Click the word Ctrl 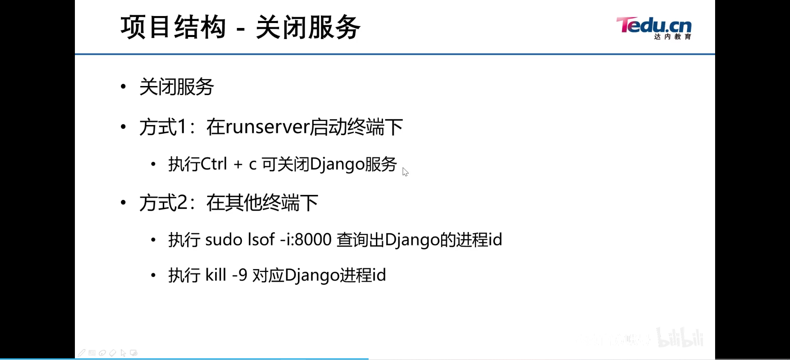point(214,164)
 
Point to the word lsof point(261,239)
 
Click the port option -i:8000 point(305,239)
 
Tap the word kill point(216,275)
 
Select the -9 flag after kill point(239,275)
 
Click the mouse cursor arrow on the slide point(405,172)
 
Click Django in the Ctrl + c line point(337,164)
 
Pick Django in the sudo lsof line point(412,239)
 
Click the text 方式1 point(163,127)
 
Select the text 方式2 point(163,202)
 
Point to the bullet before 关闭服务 point(123,86)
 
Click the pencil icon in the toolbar point(82,353)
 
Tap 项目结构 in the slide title point(173,28)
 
